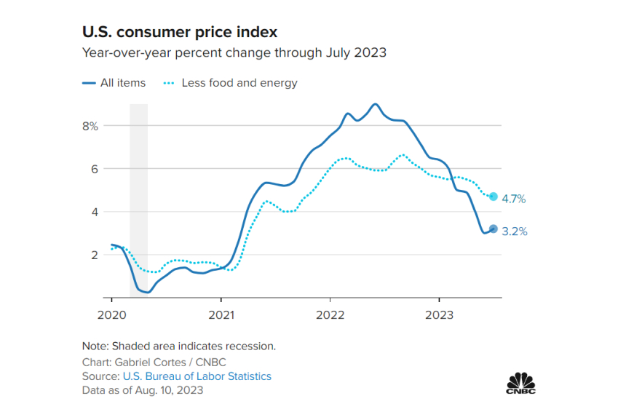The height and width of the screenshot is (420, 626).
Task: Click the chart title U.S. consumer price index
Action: point(179,33)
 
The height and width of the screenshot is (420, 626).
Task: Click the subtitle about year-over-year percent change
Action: point(234,52)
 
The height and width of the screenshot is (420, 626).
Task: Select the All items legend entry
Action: point(114,83)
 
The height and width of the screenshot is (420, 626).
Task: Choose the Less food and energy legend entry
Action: point(231,83)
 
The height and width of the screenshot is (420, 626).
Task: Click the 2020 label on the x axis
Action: point(111,314)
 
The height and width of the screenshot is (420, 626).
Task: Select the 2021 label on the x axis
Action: point(221,314)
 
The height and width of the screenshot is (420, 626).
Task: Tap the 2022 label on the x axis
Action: point(330,314)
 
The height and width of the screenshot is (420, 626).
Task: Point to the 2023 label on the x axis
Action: point(439,314)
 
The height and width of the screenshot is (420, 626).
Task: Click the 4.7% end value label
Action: point(514,198)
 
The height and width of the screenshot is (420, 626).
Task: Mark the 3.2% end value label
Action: point(514,231)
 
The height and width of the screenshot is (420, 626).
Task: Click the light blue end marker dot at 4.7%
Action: point(494,197)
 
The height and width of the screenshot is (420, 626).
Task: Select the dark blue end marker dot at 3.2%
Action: point(494,229)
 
